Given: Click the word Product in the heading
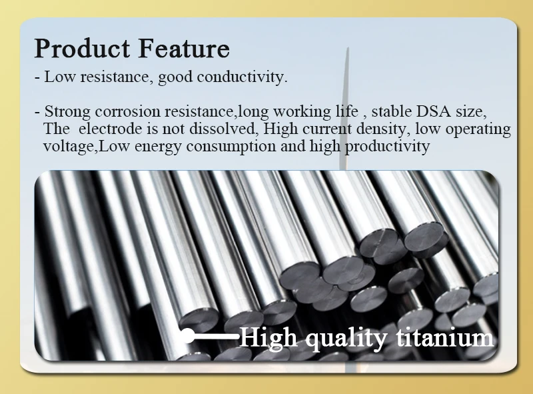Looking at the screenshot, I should (83, 49).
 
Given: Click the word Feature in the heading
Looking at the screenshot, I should (185, 49).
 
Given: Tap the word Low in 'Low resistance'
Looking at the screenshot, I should (59, 77).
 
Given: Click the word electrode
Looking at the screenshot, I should (99, 129).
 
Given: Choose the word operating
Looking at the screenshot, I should (478, 129).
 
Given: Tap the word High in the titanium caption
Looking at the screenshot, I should (268, 337).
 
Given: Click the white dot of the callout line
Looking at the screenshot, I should (189, 336).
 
